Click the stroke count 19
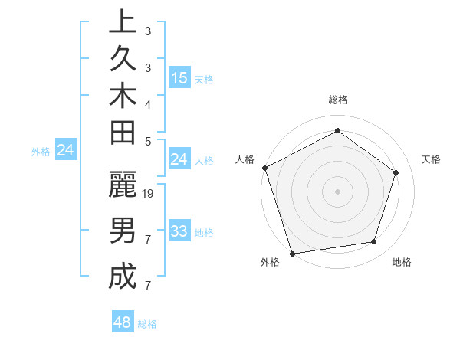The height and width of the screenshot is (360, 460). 149,194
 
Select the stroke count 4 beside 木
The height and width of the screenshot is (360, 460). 148,104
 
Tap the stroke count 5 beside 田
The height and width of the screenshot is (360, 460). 148,141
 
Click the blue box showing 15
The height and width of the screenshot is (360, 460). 179,78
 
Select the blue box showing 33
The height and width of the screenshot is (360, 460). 179,231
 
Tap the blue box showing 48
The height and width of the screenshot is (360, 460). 123,322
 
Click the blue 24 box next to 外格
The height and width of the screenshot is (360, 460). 66,150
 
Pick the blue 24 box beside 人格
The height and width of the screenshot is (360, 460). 179,159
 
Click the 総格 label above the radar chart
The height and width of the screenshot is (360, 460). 337,100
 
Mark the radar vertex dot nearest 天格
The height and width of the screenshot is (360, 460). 396,172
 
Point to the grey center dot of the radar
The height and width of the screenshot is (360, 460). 337,191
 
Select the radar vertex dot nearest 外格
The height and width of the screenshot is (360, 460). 292,253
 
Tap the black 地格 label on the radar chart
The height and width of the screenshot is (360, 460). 402,263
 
